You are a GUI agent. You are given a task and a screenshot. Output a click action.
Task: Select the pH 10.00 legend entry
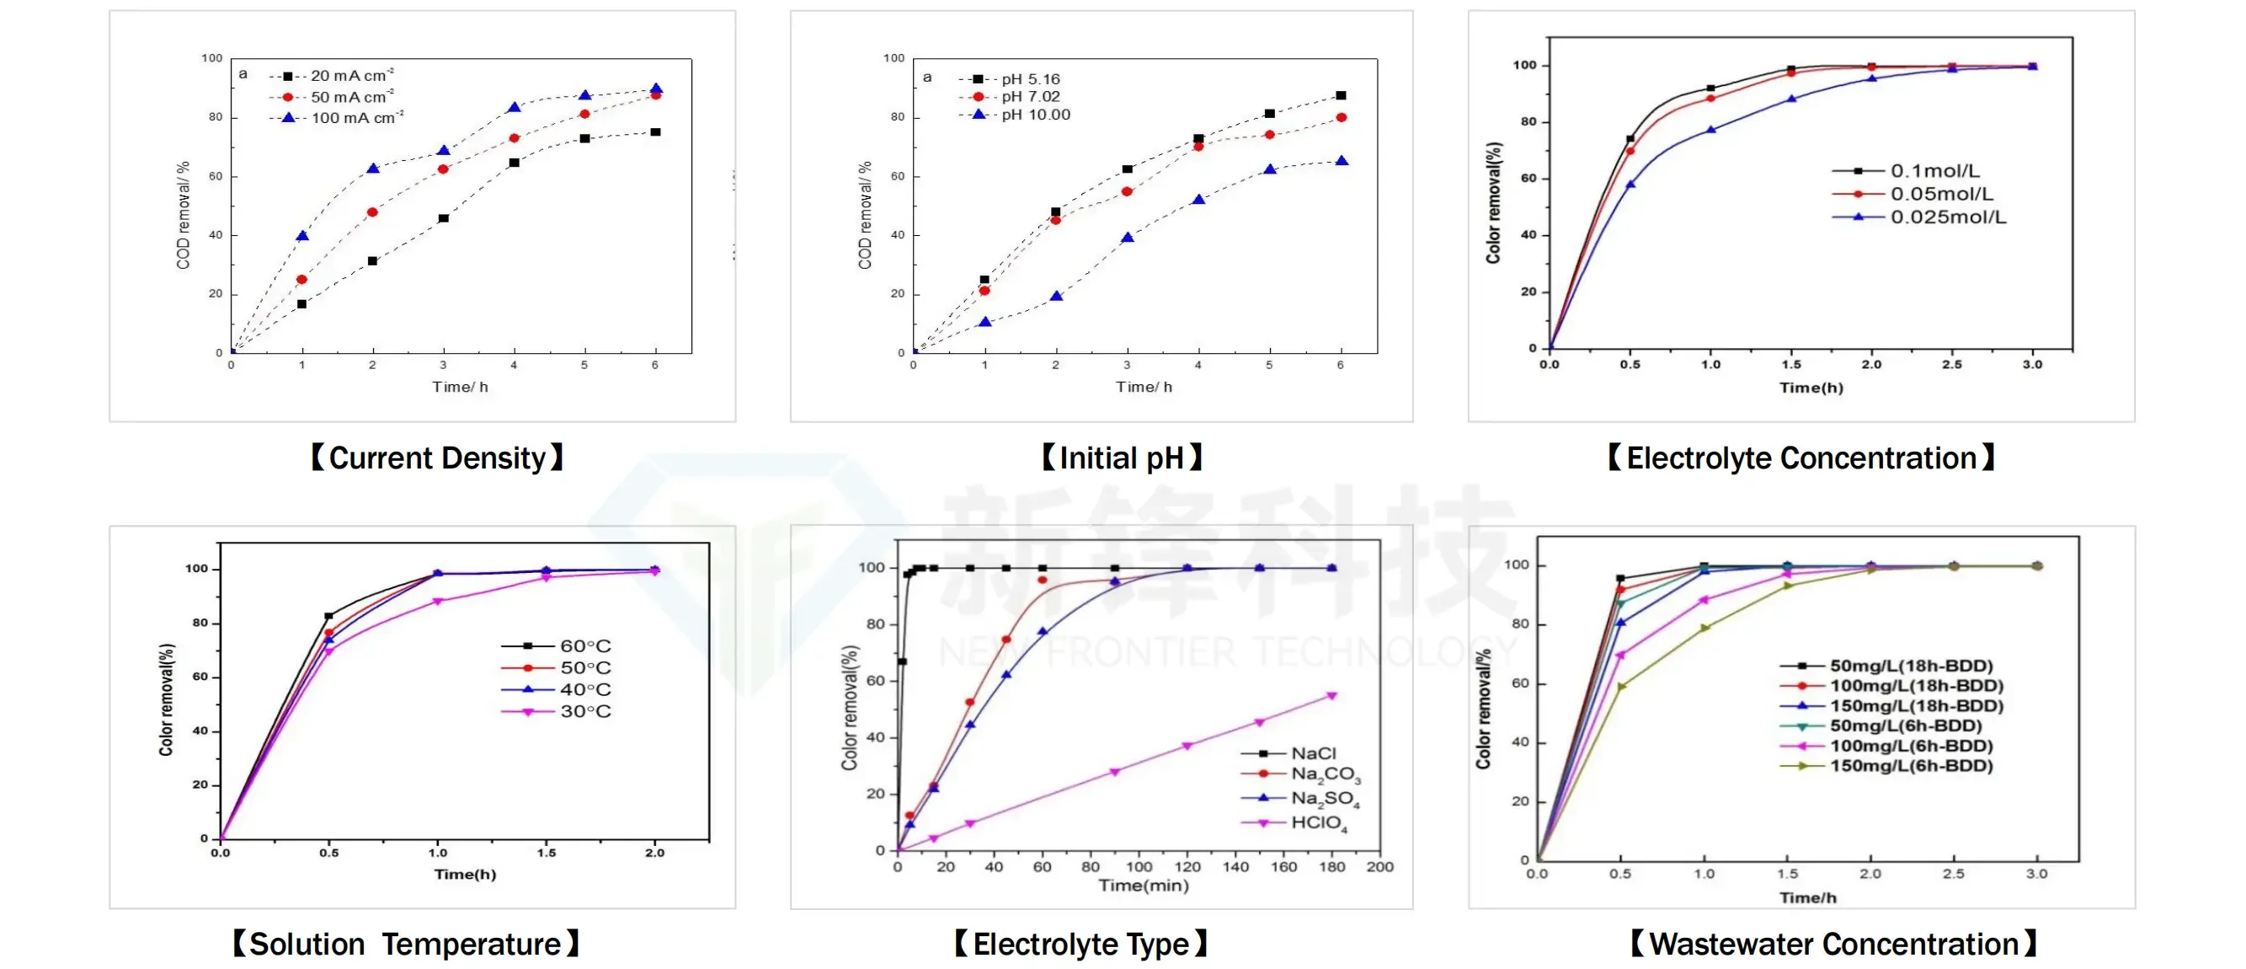pos(1015,115)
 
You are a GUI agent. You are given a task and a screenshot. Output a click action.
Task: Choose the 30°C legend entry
pos(557,712)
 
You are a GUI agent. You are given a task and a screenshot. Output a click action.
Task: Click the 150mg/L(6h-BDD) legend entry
pos(1886,766)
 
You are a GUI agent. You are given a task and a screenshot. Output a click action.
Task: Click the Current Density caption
pos(437,458)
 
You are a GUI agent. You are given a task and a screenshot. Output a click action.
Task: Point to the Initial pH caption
pos(1122,458)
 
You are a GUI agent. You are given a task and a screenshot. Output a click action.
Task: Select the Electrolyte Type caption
pos(1081,944)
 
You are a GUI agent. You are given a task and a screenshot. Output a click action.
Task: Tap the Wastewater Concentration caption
pos(1834,944)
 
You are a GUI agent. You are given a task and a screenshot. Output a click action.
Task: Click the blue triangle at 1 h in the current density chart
pos(302,235)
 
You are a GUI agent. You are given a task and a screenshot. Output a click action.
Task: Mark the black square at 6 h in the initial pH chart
pos(1341,95)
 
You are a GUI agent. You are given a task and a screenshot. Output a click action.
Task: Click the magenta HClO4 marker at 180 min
pos(1331,695)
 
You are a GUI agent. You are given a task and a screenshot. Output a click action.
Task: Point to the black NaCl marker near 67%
pos(903,661)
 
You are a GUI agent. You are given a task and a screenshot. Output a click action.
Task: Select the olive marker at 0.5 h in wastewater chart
pos(1621,687)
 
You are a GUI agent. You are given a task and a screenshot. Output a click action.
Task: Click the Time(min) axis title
pos(1143,886)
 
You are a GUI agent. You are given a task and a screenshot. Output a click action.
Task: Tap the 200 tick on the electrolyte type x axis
pos(1379,867)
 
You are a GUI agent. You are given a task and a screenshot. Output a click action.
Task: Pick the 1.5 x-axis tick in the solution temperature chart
pos(547,853)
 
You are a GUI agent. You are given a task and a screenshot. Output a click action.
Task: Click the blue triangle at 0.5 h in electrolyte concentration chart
pos(1630,184)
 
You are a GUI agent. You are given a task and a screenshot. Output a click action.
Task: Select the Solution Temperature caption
pos(405,944)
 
